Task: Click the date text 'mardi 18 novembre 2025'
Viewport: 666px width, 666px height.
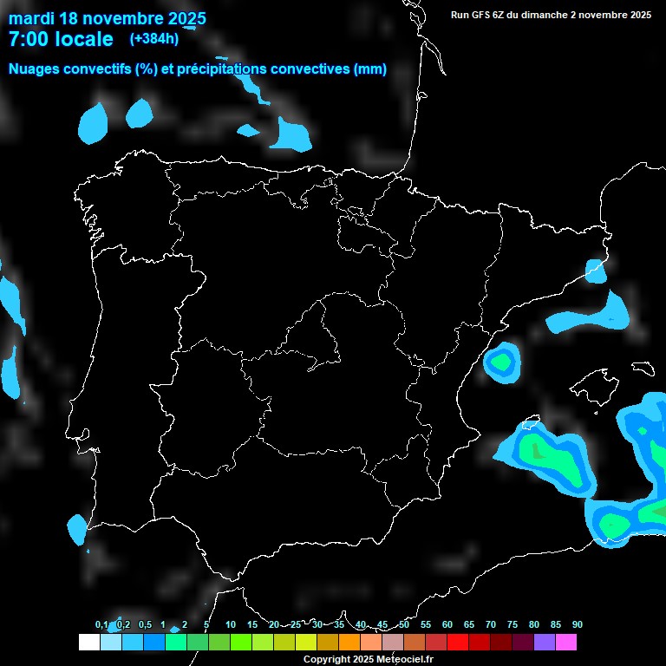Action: (x=107, y=18)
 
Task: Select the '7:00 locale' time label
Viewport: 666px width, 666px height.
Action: (x=61, y=39)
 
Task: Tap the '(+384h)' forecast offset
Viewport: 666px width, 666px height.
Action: (x=154, y=39)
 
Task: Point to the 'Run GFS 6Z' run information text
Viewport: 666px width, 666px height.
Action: (x=492, y=15)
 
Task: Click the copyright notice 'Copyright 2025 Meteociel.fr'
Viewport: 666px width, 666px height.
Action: (x=368, y=660)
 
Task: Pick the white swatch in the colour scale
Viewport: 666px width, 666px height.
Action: (x=88, y=643)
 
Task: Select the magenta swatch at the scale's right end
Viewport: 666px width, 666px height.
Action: (x=566, y=643)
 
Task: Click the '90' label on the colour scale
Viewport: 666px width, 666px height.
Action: (x=577, y=625)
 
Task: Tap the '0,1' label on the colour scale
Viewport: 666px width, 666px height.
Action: (x=101, y=625)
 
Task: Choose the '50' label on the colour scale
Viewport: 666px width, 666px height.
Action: (x=404, y=625)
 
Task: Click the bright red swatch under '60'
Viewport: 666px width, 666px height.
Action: (x=457, y=643)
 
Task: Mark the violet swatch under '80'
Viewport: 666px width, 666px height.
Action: (x=545, y=643)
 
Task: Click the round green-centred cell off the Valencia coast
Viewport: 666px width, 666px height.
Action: (x=502, y=362)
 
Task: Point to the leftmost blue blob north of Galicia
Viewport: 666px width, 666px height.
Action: (x=93, y=123)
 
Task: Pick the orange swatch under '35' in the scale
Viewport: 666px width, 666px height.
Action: (x=349, y=643)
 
